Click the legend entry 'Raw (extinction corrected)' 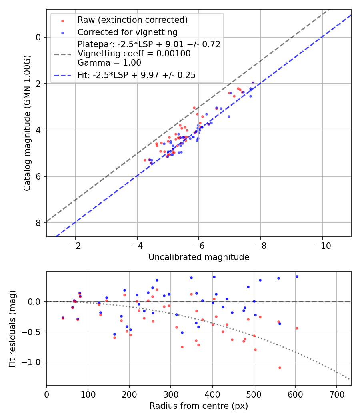coord(132,20)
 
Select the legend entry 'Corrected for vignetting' coord(127,32)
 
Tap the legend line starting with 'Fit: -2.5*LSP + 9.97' coord(136,75)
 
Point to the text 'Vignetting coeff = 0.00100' coord(134,53)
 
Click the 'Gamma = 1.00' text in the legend coord(109,62)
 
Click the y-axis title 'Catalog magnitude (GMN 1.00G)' coord(27,123)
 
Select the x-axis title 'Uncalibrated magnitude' coord(199,257)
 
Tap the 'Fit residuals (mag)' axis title coord(12,328)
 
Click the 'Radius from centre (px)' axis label coord(199,406)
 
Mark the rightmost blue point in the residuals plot coord(297,276)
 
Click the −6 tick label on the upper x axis coord(199,246)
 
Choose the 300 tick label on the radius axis coord(171,394)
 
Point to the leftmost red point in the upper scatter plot coord(145,160)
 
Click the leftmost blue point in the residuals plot coord(63,318)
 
